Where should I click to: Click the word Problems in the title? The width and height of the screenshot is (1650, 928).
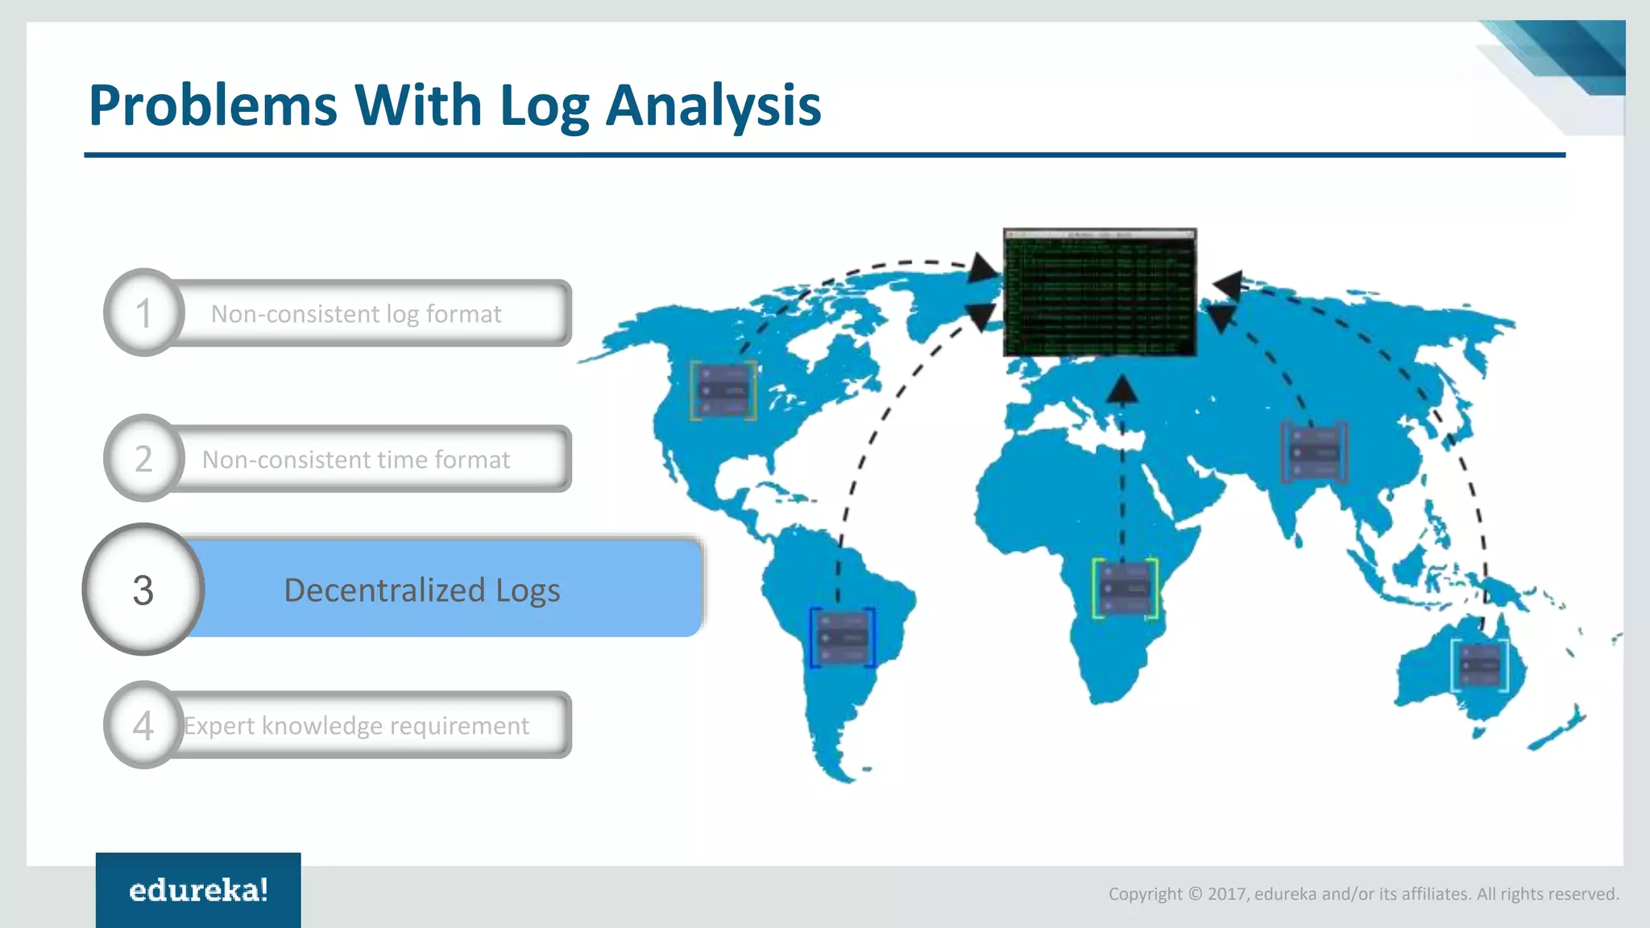[213, 106]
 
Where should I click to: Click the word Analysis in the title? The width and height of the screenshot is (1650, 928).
[713, 106]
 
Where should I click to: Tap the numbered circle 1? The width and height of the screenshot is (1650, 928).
[144, 313]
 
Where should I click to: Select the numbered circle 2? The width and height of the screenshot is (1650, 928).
[144, 458]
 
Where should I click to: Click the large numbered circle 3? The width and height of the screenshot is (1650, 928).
[143, 590]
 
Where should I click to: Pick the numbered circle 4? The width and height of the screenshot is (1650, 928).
[144, 725]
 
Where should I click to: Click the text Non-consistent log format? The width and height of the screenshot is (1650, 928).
[356, 313]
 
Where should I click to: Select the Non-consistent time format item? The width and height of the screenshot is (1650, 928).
[356, 459]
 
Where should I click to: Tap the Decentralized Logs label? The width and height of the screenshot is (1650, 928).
[422, 590]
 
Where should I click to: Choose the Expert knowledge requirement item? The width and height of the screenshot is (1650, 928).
[356, 726]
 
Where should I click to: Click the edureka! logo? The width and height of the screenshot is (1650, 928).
[198, 890]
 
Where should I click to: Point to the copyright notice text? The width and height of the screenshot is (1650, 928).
[1363, 893]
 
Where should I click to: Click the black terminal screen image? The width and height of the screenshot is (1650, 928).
[1100, 292]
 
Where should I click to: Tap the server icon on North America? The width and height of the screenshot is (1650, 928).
[723, 391]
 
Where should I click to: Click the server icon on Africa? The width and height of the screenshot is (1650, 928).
[1125, 589]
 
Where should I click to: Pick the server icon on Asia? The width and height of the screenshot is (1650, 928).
[1314, 452]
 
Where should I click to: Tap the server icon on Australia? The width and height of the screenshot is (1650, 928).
[1480, 665]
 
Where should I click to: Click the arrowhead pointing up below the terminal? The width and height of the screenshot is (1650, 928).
[1121, 391]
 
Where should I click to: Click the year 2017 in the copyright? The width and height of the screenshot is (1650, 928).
[1226, 893]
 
